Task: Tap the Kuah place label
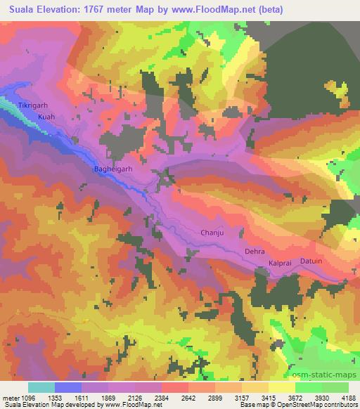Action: [46, 117]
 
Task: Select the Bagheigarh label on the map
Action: [113, 169]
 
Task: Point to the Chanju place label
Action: [213, 232]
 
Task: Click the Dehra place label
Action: [255, 250]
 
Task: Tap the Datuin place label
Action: [311, 261]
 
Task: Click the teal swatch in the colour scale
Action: [41, 387]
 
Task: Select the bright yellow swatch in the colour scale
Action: [282, 387]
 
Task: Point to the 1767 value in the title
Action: [92, 9]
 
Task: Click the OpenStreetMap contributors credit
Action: [321, 405]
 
